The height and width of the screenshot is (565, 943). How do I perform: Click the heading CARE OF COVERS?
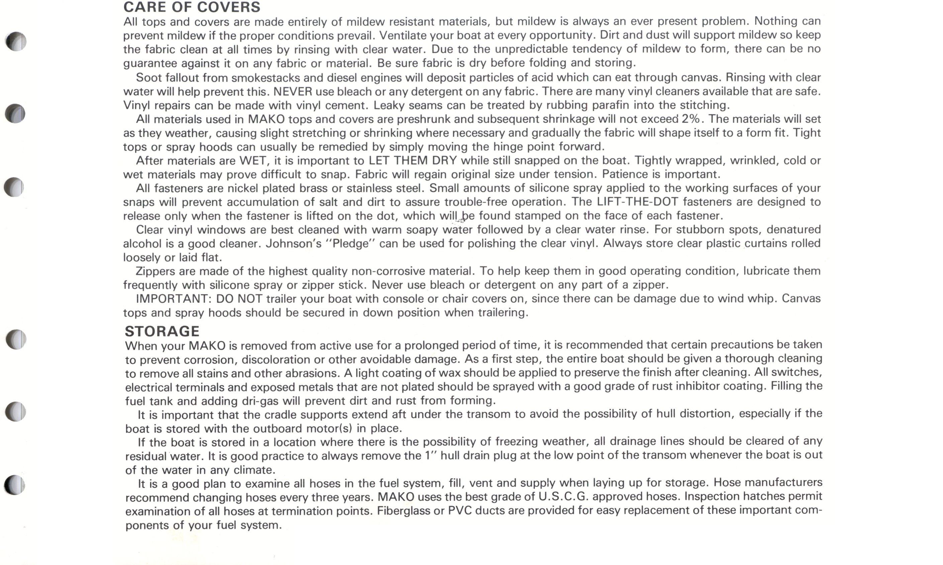(192, 7)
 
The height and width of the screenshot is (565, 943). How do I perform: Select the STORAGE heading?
(162, 331)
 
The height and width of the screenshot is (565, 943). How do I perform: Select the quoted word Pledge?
(350, 243)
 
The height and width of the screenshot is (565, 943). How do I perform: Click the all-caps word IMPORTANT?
(173, 299)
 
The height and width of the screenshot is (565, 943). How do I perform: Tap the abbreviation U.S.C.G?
(563, 496)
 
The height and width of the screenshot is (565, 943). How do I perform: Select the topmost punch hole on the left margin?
(16, 42)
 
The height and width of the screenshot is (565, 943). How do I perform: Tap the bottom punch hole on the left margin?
(15, 485)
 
